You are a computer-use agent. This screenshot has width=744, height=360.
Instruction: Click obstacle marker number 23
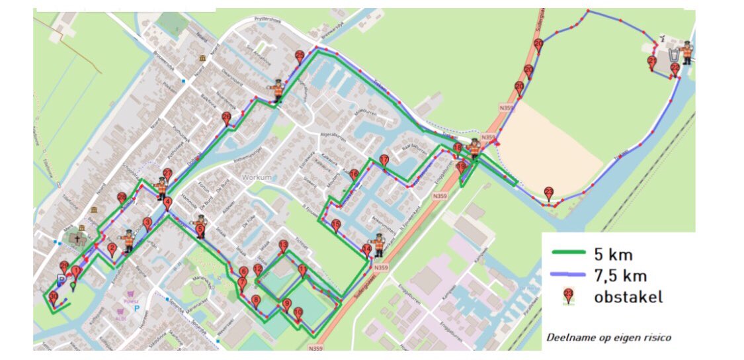(548, 193)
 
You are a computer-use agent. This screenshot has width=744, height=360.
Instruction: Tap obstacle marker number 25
(300, 57)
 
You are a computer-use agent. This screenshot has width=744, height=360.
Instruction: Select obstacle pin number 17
(384, 160)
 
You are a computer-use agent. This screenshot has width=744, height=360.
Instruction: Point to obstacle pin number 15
(336, 225)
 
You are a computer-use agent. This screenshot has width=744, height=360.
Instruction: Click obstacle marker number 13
(283, 246)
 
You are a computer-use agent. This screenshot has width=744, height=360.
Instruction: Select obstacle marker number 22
(675, 69)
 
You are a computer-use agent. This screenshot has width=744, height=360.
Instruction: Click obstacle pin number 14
(366, 250)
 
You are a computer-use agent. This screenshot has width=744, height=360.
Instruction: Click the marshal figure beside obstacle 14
(379, 244)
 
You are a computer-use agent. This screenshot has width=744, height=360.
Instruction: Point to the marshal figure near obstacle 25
(278, 91)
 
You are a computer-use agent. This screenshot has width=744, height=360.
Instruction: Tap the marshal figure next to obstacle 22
(687, 52)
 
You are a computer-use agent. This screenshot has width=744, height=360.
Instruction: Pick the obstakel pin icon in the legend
(567, 296)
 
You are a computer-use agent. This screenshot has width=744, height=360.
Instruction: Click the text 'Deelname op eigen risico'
(608, 337)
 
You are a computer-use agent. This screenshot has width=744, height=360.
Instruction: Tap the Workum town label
(257, 177)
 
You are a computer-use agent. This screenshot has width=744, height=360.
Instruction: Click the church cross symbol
(76, 240)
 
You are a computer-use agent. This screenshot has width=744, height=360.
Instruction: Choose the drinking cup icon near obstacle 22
(673, 54)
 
